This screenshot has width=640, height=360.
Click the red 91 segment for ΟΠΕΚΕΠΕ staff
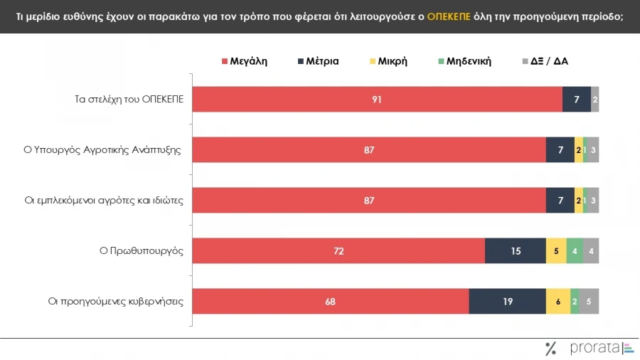(x=377, y=99)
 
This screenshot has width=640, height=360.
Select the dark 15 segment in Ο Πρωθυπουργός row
(x=515, y=250)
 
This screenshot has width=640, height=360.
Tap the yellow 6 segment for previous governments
(x=558, y=301)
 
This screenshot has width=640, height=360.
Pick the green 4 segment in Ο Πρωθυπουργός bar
(x=575, y=250)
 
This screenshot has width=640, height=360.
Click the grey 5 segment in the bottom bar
(x=589, y=301)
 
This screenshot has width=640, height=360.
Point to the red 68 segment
(x=331, y=301)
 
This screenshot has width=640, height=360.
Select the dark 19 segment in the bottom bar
(x=507, y=301)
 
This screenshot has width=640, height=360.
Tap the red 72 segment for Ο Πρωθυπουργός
(x=338, y=250)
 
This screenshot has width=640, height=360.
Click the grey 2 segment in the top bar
(x=594, y=99)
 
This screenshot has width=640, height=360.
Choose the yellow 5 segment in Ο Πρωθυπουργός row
(x=556, y=250)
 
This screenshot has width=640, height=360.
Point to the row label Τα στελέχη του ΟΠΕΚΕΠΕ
(x=129, y=99)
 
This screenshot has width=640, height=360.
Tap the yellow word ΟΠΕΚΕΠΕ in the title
(x=449, y=16)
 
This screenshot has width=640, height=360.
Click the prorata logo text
(x=594, y=348)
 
